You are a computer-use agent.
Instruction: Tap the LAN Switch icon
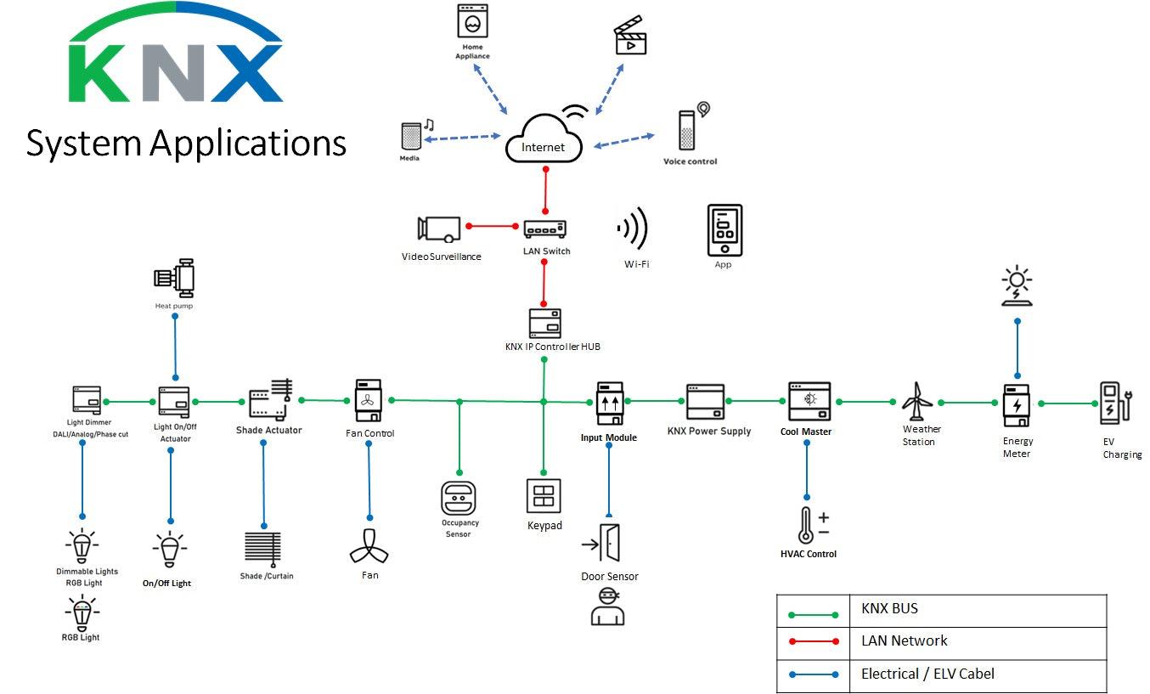click(544, 229)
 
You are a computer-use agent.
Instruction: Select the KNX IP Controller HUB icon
click(544, 324)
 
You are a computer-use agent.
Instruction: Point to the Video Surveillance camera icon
click(438, 228)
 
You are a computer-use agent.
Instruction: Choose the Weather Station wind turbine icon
click(916, 401)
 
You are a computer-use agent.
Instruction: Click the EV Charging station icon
click(1113, 403)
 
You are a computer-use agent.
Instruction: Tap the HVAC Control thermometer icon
click(806, 526)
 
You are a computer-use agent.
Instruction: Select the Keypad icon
click(544, 496)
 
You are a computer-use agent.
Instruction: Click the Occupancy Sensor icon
click(459, 498)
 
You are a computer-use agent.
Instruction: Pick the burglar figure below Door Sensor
click(606, 606)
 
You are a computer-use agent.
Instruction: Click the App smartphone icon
click(724, 230)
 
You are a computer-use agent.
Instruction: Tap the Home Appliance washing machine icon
click(472, 20)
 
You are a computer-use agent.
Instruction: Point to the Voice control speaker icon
click(687, 132)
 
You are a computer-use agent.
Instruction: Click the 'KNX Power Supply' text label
click(708, 431)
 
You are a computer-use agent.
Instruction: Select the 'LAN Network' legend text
click(904, 641)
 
